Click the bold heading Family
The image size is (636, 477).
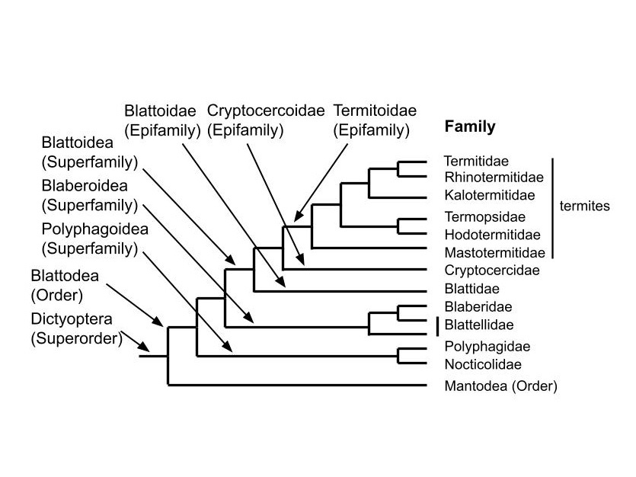point(470,126)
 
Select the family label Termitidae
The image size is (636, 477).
point(476,161)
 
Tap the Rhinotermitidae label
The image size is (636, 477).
point(494,178)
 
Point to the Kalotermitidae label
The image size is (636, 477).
point(490,195)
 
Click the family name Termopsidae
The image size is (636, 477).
point(484,217)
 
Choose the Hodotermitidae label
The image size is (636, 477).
point(492,235)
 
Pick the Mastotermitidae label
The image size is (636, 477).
point(495,253)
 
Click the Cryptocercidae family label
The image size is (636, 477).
point(492,271)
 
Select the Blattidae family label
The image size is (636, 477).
point(471,289)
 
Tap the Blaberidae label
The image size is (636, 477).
point(478,306)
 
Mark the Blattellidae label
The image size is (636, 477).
point(479,325)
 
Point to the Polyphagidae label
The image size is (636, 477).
point(487,347)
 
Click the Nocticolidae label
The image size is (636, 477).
point(483,364)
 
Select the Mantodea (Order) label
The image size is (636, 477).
point(501,386)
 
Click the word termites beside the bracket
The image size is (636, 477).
point(584,206)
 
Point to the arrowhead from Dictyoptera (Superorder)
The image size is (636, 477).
point(144,347)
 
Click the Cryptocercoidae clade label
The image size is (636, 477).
point(266,120)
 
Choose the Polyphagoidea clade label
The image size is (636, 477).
point(95,239)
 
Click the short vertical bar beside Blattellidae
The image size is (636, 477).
point(438,327)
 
